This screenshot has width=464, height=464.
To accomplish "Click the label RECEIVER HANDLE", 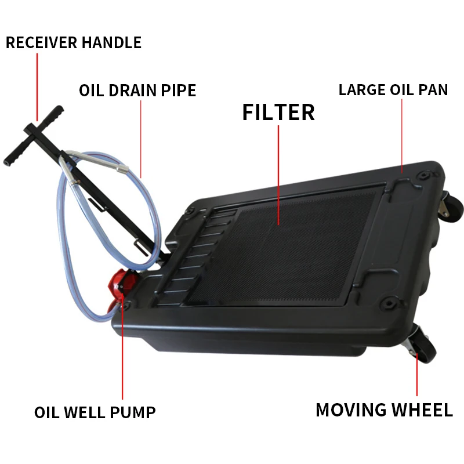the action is [x=74, y=43].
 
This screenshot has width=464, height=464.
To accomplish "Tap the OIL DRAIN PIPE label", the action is [x=137, y=91].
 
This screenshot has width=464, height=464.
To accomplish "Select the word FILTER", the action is [x=278, y=112].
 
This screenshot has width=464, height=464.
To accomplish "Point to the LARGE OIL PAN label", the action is [x=393, y=90].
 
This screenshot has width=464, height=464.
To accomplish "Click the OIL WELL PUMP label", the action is [x=95, y=412].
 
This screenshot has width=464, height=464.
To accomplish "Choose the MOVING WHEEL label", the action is [x=384, y=410].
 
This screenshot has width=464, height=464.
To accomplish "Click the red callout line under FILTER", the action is [x=278, y=174].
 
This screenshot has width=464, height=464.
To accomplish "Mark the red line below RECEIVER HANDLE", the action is [x=37, y=87].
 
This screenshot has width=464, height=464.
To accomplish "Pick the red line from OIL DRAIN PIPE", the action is [x=142, y=139].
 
